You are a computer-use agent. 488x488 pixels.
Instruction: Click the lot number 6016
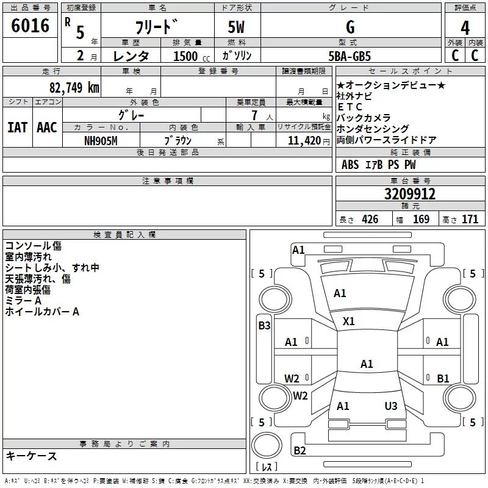(x=30, y=26)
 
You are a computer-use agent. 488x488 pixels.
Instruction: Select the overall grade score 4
(x=465, y=27)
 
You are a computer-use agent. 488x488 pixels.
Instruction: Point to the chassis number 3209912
(x=410, y=194)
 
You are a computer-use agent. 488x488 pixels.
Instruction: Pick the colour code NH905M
(x=101, y=141)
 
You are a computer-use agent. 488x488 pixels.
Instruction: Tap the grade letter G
(x=350, y=27)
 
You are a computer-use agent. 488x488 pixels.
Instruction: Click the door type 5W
(x=237, y=27)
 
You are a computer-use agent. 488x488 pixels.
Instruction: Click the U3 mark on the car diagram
(x=391, y=406)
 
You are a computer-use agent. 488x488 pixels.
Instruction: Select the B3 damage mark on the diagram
(x=264, y=326)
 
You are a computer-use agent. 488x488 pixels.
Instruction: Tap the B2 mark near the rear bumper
(x=300, y=451)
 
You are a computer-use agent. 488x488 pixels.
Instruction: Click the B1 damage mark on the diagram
(x=443, y=379)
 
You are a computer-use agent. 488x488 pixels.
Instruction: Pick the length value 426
(x=370, y=220)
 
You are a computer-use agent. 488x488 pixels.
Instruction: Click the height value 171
(x=470, y=220)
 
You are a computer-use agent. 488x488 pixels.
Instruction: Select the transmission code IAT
(x=17, y=127)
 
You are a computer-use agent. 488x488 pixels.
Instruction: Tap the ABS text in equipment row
(x=350, y=165)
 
